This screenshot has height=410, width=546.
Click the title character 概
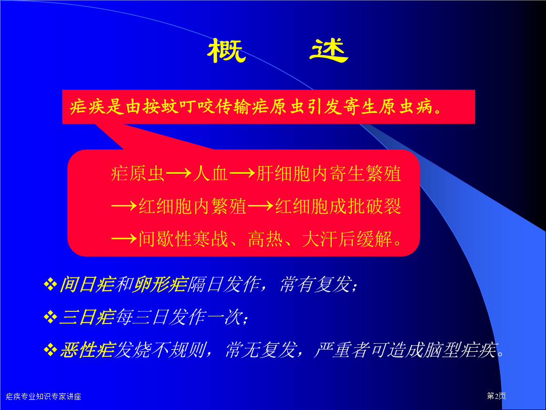click(x=226, y=51)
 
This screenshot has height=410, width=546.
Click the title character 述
click(x=329, y=51)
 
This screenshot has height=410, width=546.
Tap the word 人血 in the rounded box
click(x=211, y=174)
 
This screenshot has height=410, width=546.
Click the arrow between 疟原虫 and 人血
click(x=178, y=173)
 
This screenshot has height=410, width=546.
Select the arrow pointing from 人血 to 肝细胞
click(x=242, y=173)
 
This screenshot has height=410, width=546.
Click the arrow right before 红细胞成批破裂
click(x=260, y=206)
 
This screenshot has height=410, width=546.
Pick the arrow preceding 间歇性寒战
click(x=124, y=239)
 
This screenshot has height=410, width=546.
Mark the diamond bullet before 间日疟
click(x=51, y=284)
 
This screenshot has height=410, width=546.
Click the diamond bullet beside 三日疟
click(x=51, y=317)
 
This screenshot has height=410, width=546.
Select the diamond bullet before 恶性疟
click(x=51, y=350)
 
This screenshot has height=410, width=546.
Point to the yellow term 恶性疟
click(x=87, y=350)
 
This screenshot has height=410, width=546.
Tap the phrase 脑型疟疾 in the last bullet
click(x=460, y=350)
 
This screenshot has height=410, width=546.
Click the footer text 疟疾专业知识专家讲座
click(x=43, y=396)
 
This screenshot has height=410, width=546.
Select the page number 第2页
click(x=496, y=396)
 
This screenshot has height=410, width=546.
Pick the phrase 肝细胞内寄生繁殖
click(x=329, y=174)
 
